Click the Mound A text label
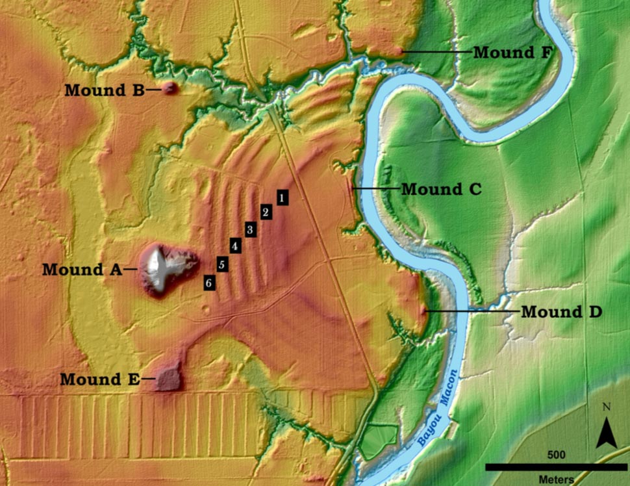[82, 269]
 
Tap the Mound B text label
[104, 91]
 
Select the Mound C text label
[441, 189]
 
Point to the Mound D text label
[561, 312]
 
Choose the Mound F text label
[512, 52]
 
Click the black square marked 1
[283, 197]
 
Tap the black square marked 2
[265, 212]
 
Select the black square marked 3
[250, 229]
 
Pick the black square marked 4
[235, 246]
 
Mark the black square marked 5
[222, 264]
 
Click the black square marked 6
[208, 283]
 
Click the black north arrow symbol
[606, 432]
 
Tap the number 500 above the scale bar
[555, 455]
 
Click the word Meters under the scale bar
[555, 480]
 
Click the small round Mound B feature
[170, 88]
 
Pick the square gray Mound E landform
[170, 379]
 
